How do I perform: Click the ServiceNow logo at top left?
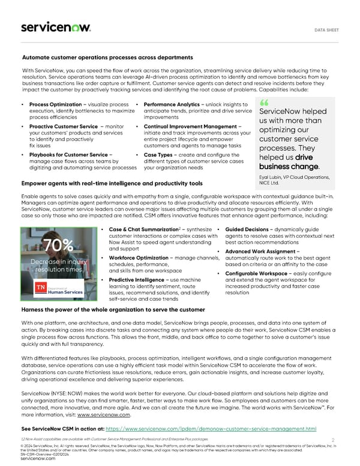click(x=56, y=27)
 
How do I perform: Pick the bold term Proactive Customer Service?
click(x=63, y=127)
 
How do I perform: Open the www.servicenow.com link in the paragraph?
click(x=103, y=414)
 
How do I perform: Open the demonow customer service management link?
click(x=211, y=429)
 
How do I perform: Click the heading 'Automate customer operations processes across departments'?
click(x=107, y=57)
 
